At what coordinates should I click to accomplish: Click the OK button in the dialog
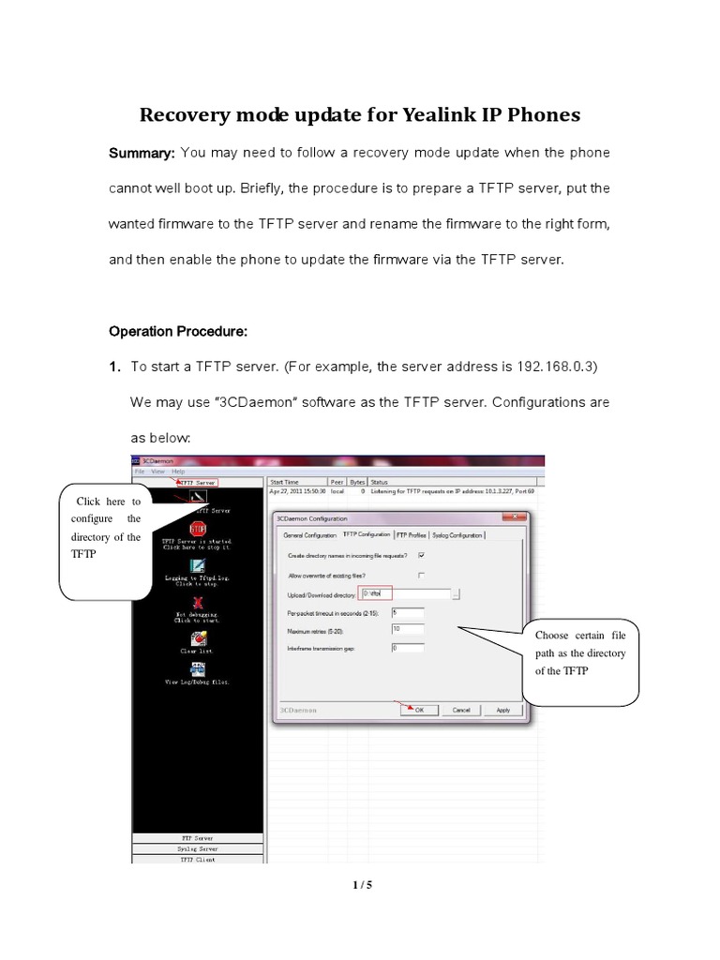click(x=418, y=710)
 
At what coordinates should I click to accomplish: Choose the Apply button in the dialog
click(x=503, y=710)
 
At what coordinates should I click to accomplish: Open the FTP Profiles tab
click(x=411, y=534)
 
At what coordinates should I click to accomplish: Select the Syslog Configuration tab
click(x=457, y=534)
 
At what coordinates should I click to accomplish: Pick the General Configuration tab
click(x=309, y=534)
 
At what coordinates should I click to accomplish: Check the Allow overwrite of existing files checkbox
click(x=421, y=575)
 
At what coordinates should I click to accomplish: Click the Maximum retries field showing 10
click(x=408, y=629)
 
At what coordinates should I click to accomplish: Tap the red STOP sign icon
click(x=197, y=531)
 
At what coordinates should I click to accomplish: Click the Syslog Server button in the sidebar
click(x=197, y=847)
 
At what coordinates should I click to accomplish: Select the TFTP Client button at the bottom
click(x=197, y=858)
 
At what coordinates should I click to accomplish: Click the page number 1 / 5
click(x=359, y=884)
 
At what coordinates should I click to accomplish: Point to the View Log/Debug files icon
click(x=198, y=668)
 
